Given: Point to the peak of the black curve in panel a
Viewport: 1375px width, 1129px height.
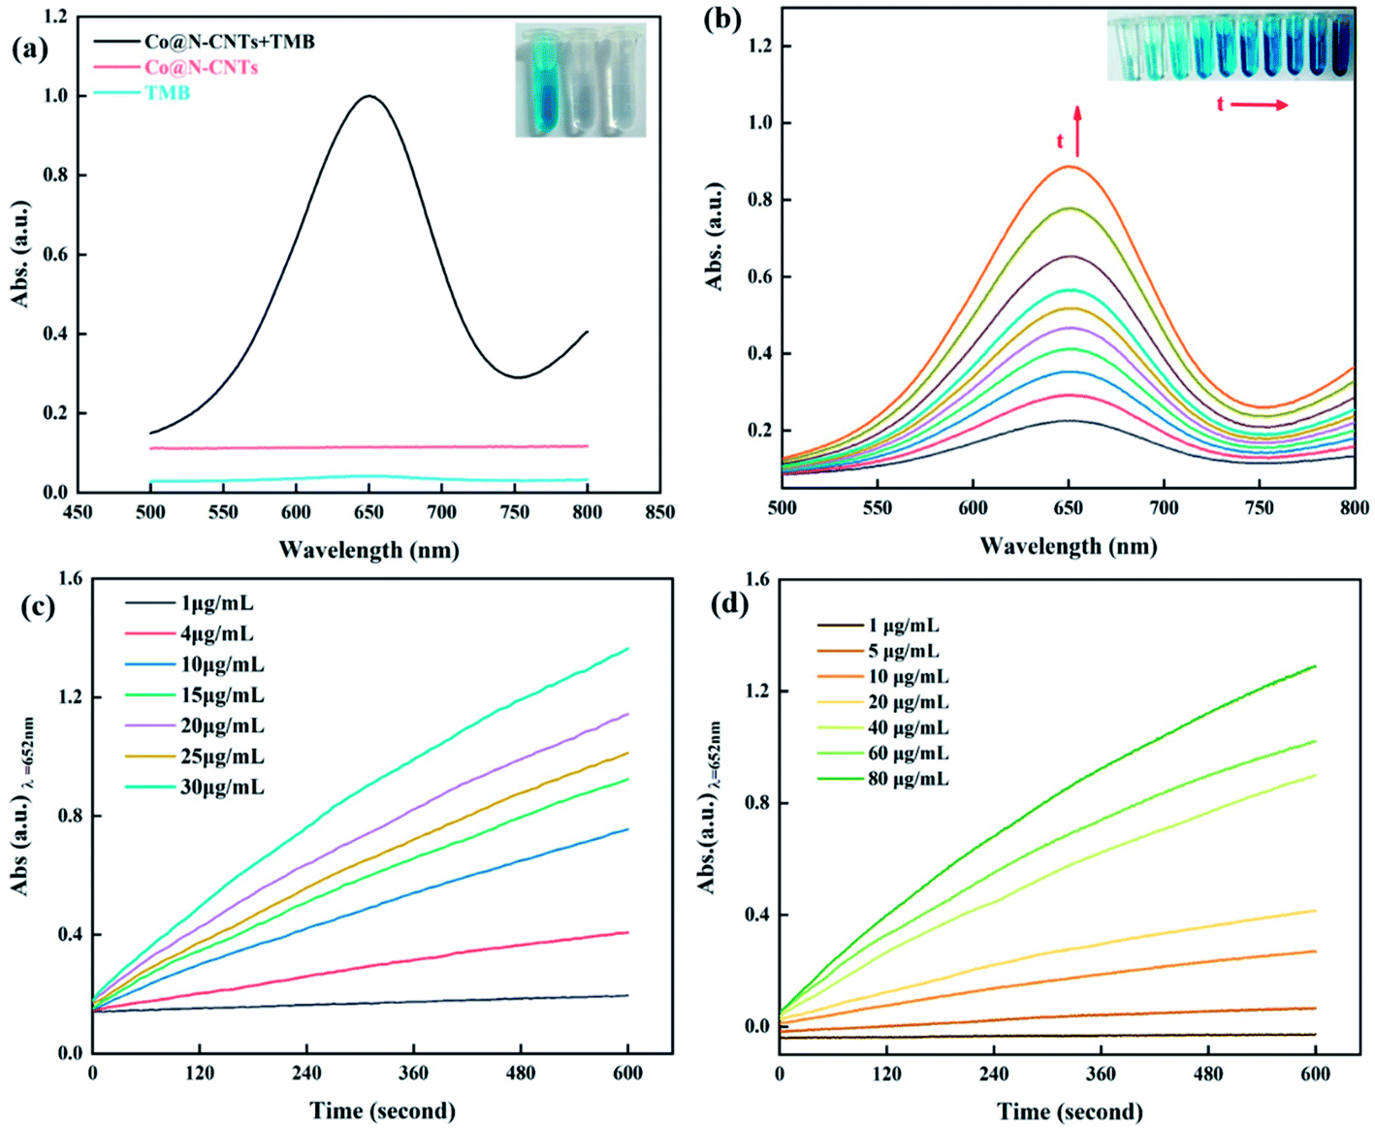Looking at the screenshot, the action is click(x=369, y=96).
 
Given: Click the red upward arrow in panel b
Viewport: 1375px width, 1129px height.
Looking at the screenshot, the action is click(x=1077, y=132).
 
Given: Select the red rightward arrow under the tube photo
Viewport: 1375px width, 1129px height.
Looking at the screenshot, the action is click(x=1261, y=105).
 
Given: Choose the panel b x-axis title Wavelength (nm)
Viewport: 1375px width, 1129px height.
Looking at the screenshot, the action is click(x=1068, y=545).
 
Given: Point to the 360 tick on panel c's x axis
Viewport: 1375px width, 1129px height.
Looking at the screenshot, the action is click(x=413, y=1072).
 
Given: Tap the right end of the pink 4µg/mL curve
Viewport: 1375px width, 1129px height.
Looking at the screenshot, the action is click(x=627, y=932).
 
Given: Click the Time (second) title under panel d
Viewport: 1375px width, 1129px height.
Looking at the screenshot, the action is click(x=1070, y=1110).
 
